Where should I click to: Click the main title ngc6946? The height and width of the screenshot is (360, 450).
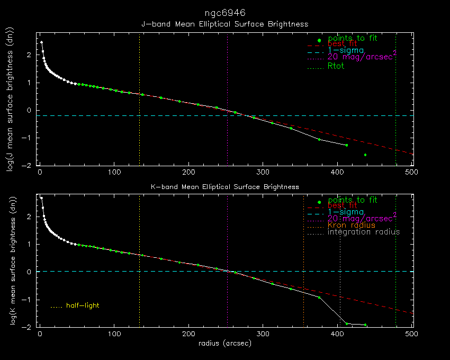[x=224, y=12]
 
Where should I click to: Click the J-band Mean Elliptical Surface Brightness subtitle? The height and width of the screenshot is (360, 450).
[x=224, y=24]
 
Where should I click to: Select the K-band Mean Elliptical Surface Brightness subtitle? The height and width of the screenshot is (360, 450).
[x=224, y=186]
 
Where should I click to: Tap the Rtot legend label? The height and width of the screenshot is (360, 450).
[x=337, y=66]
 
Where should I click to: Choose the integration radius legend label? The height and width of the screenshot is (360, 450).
[x=364, y=232]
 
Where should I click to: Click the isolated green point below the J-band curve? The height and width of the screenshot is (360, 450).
[x=365, y=155]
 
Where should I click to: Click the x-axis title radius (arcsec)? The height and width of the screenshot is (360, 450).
[x=224, y=344]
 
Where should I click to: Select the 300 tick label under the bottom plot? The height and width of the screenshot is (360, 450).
[x=264, y=334]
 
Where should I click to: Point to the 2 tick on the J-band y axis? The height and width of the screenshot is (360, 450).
[x=30, y=55]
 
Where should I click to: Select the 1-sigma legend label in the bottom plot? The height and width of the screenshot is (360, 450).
[x=346, y=212]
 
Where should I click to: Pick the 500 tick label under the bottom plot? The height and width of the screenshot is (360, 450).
[x=412, y=334]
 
